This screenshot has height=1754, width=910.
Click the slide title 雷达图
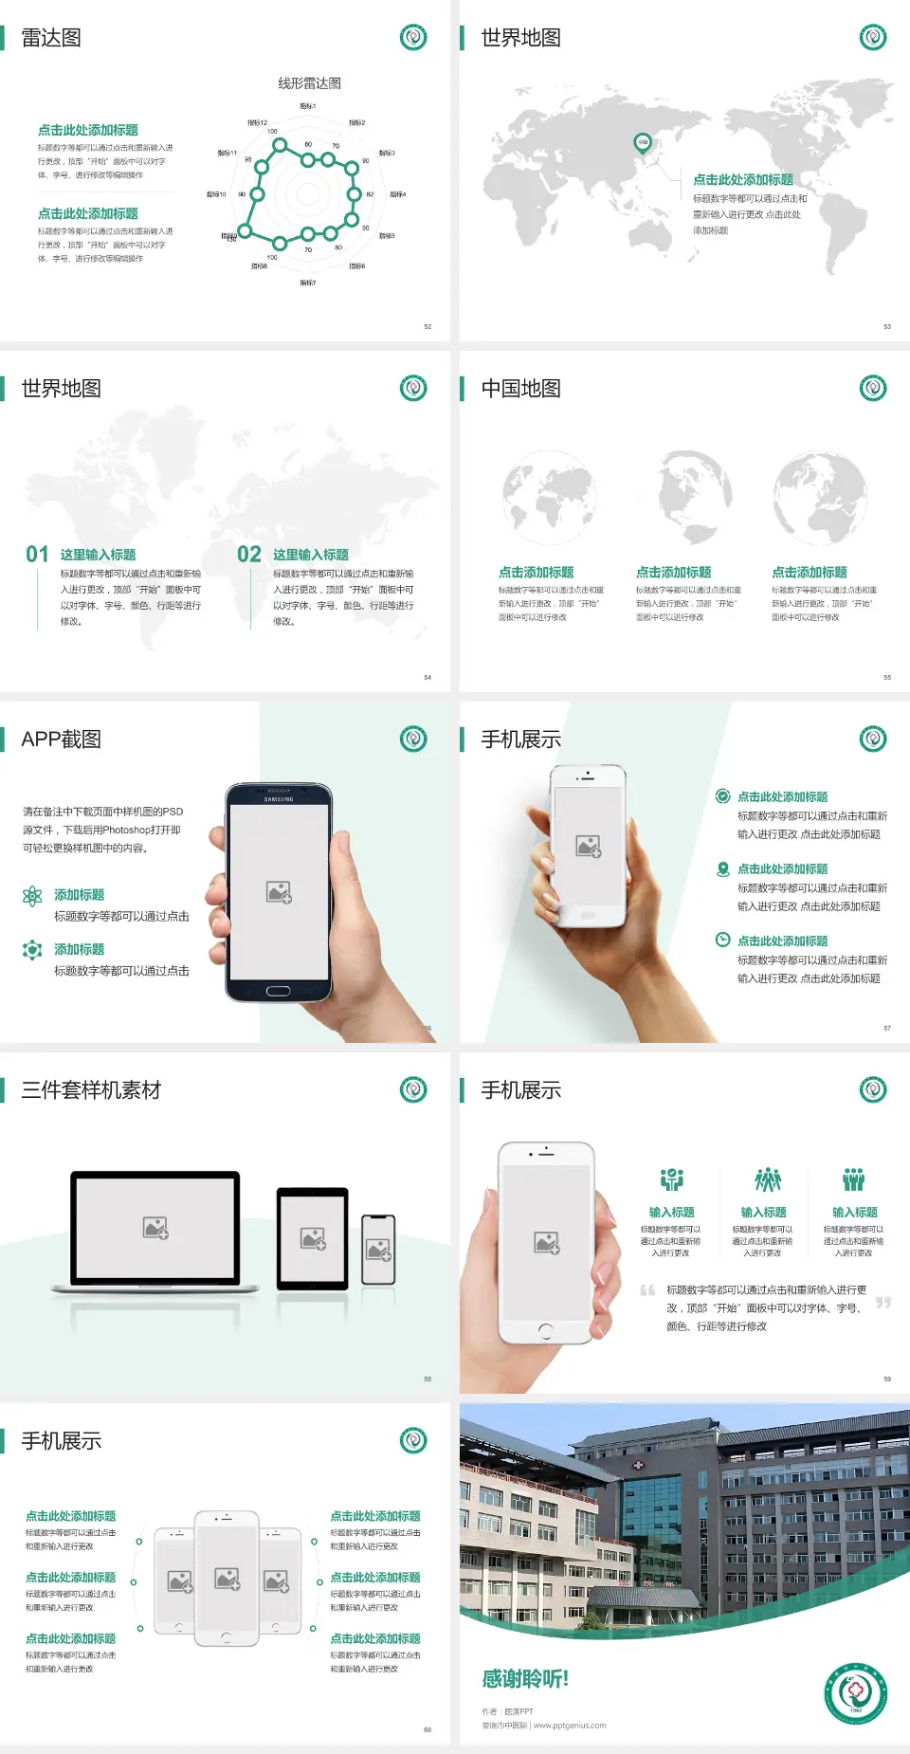click(51, 38)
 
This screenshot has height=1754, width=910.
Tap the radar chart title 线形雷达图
click(309, 83)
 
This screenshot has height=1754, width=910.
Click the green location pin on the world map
click(642, 143)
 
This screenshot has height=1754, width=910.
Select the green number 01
click(37, 555)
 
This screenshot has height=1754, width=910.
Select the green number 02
click(248, 555)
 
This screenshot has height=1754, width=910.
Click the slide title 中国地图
click(520, 389)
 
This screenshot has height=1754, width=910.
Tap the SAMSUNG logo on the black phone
click(279, 799)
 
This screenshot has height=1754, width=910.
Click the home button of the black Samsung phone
click(278, 992)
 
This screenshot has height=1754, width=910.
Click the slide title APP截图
click(61, 740)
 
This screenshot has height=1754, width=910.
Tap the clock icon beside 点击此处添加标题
click(722, 940)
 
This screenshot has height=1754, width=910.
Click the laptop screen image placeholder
click(155, 1228)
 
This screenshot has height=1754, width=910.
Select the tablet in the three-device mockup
click(313, 1237)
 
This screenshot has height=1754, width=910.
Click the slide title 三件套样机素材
click(91, 1090)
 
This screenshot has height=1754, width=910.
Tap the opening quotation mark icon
click(647, 1290)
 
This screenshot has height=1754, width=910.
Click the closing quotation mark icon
click(883, 1303)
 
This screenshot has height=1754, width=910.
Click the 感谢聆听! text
click(525, 1679)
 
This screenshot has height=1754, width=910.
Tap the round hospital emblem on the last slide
click(855, 1693)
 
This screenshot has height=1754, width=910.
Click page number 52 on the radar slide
click(428, 326)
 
